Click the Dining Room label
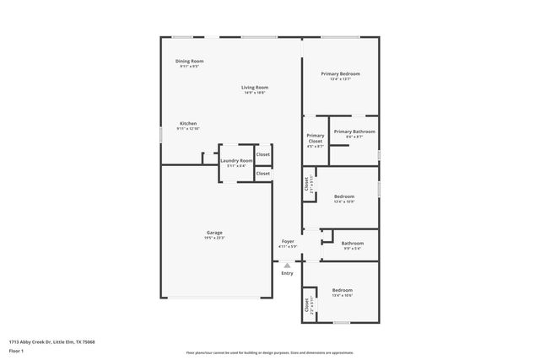189,61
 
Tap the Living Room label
254,88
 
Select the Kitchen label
187,124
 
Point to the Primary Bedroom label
340,74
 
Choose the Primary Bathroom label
354,132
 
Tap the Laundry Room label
236,160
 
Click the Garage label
214,233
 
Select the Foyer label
288,241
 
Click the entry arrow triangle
287,265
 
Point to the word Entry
287,273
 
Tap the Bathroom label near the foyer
353,244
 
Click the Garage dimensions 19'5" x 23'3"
214,239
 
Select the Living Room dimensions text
254,93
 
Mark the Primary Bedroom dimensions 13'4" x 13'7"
340,79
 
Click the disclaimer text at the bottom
270,352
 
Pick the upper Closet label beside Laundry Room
263,155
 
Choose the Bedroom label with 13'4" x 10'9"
343,196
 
